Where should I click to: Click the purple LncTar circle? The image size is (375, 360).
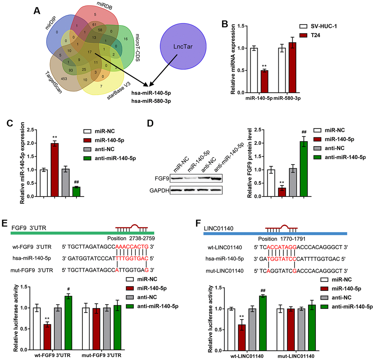178,49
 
